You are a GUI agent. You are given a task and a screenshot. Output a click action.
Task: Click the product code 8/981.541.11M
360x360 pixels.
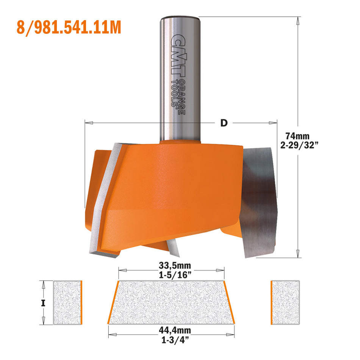[69, 27]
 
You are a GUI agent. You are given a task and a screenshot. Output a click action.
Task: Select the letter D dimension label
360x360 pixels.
[224, 123]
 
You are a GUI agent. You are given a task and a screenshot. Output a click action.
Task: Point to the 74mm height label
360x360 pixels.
[297, 136]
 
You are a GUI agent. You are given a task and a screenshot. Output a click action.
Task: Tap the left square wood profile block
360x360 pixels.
[67, 303]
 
